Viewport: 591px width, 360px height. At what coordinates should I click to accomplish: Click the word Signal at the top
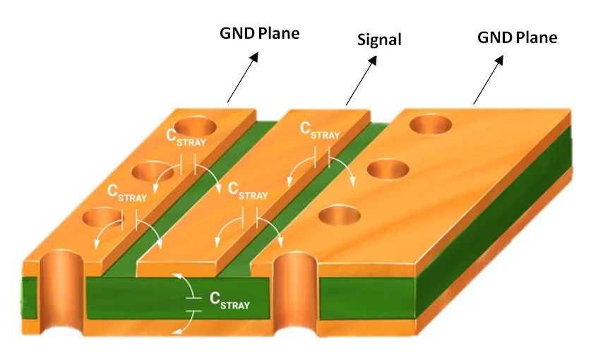tap(378, 40)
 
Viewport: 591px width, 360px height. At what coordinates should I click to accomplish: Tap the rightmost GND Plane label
tap(518, 37)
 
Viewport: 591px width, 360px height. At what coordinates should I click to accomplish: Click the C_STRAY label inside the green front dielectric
tap(229, 301)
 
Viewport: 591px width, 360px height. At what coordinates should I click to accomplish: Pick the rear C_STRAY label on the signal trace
tap(319, 131)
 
